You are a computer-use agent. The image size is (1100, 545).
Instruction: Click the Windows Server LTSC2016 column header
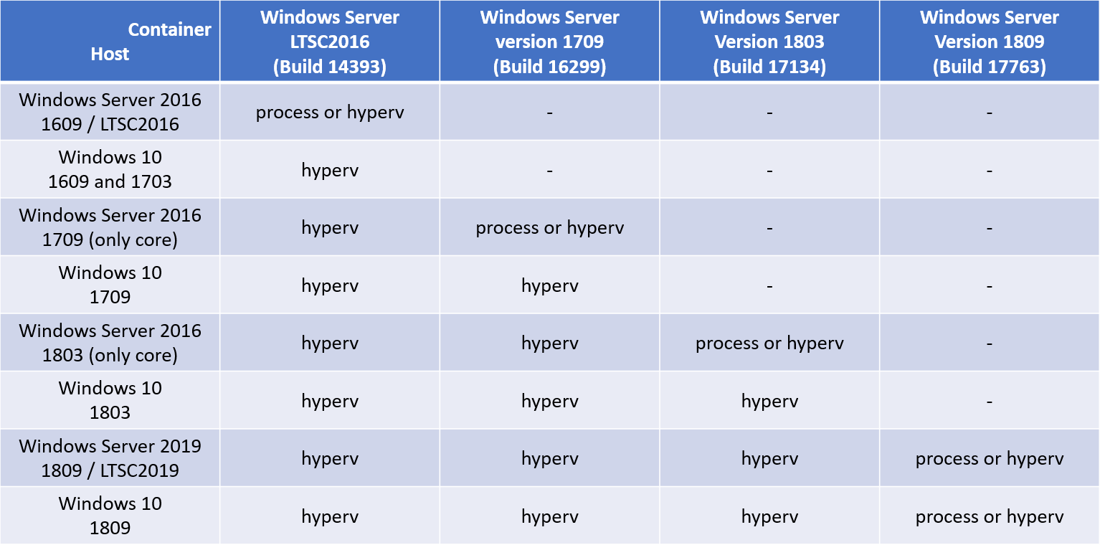(330, 42)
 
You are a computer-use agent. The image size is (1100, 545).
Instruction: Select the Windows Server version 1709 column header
(549, 42)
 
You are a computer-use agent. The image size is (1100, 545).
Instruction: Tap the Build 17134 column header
(769, 42)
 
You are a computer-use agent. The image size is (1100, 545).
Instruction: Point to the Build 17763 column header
(989, 42)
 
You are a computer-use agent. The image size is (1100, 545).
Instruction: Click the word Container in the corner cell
(169, 29)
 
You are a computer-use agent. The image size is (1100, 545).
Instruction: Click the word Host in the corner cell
(110, 54)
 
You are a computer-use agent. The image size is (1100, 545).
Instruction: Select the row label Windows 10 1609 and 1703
(110, 169)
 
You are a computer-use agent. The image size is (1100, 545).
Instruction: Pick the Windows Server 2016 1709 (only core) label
(110, 227)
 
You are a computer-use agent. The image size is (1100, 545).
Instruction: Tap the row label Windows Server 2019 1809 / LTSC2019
(110, 458)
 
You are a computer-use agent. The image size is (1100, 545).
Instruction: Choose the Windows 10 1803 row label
(110, 400)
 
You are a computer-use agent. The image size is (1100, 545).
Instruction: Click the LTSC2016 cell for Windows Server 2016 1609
(330, 113)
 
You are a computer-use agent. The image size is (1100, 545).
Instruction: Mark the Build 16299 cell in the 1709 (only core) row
(549, 228)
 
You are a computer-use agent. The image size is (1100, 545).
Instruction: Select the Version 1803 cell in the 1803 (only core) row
(769, 343)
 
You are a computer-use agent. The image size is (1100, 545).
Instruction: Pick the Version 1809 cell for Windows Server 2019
(989, 459)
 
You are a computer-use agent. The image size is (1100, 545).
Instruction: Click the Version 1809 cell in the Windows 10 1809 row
(989, 516)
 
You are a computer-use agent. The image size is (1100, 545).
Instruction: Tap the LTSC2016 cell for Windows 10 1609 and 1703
(330, 171)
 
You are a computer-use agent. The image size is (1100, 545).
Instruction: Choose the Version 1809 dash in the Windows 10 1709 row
(989, 286)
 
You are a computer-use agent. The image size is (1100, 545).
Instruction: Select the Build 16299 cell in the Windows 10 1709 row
(549, 286)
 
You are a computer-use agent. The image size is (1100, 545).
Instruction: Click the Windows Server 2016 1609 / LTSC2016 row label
(110, 112)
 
